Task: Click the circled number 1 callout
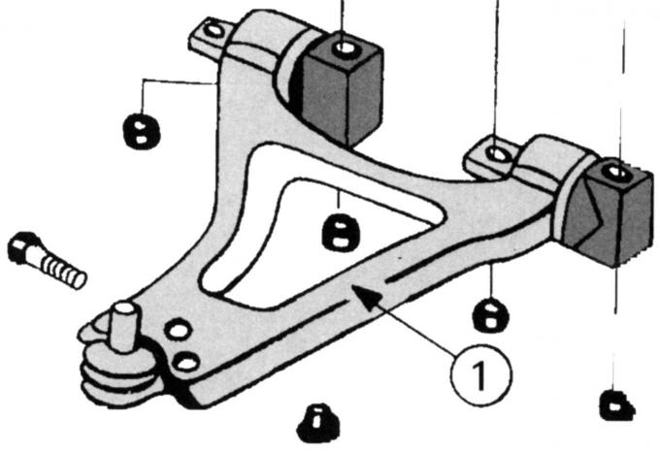coord(480,374)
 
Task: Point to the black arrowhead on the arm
coord(367,297)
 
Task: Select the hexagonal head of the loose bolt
coord(22,247)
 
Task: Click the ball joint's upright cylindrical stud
coord(124,326)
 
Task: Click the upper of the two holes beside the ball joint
coord(179,330)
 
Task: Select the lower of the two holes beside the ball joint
coord(187,363)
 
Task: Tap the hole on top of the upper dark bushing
coord(346,48)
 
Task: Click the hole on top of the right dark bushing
coord(615,172)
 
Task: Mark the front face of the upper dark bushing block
coord(327,100)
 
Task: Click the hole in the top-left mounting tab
coord(214,30)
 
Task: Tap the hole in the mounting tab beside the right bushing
coord(498,154)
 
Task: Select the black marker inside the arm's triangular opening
coord(341,232)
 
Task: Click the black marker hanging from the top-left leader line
coord(142,130)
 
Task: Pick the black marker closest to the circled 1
coord(491,315)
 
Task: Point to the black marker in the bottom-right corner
coord(617,405)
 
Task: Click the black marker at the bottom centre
coord(317,423)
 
